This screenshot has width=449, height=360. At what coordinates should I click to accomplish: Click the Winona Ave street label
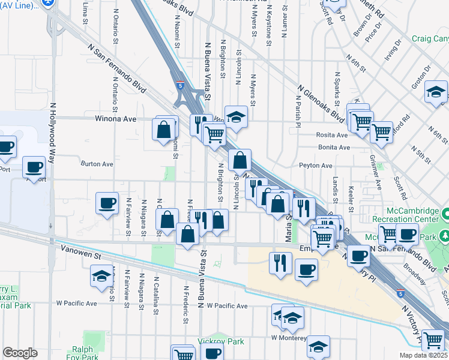coord(116,119)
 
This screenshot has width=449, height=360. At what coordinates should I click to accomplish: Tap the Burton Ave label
coord(97,163)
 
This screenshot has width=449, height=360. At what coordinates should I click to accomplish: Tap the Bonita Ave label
coord(334,147)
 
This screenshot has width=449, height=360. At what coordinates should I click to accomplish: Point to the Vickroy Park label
coord(212,341)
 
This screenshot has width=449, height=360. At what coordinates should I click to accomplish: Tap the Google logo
coord(20,353)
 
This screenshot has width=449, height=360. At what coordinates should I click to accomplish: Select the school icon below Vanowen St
coord(101,277)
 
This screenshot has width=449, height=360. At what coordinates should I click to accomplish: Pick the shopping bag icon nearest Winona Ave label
coord(164,128)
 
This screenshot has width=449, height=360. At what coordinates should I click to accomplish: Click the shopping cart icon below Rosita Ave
coord(381,132)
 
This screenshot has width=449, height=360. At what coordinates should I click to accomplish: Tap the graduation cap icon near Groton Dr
coord(435,92)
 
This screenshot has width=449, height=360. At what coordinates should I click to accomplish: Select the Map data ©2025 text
coord(423,355)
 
